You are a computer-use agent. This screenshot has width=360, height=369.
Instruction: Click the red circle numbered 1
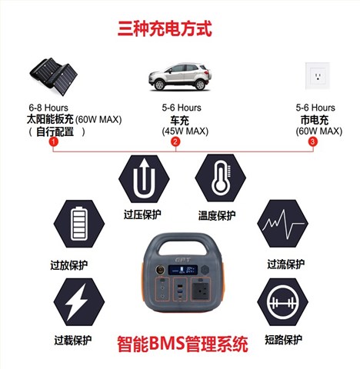coord(53,142)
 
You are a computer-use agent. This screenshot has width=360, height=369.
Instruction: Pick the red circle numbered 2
coord(175,142)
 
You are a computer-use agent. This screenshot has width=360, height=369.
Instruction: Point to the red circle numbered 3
coord(312,142)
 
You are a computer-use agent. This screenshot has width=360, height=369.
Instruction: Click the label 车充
coord(178,120)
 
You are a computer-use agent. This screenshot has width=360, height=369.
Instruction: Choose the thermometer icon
coord(218,178)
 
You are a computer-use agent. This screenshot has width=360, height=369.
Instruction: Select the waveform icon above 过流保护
coord(281,226)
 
